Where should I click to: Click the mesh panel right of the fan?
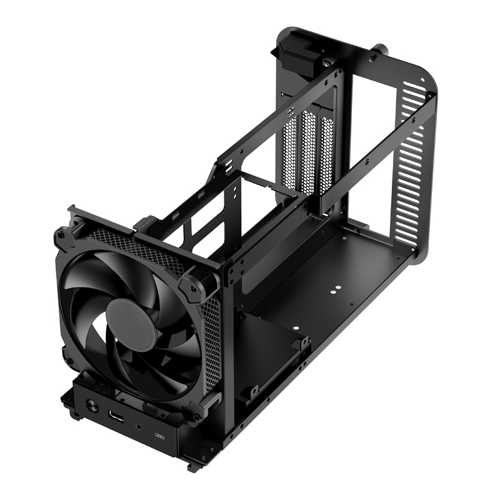212,337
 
